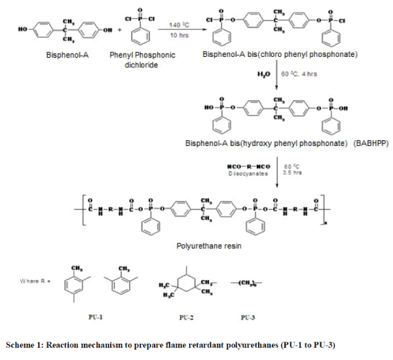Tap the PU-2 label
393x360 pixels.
[186, 317]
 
